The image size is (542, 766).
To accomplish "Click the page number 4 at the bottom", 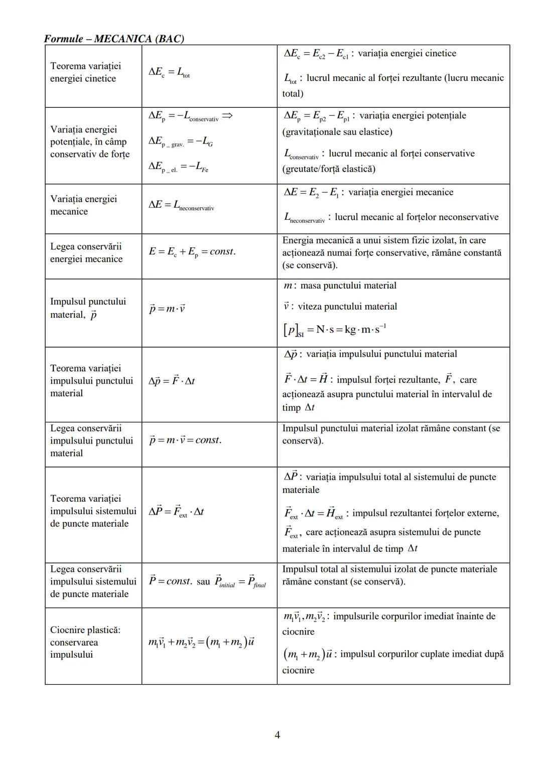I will (x=277, y=735).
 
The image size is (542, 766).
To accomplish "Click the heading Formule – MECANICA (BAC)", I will (x=114, y=39).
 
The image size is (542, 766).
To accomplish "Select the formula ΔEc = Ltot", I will (x=169, y=73).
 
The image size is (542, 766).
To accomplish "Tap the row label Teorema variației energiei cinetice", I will (x=85, y=72).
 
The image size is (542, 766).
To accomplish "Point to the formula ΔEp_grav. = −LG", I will (x=180, y=142).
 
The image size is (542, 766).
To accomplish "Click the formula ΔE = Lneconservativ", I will (x=181, y=205).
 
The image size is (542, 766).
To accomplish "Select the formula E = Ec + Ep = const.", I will (x=192, y=252).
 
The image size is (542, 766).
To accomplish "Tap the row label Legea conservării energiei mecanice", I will (x=86, y=253).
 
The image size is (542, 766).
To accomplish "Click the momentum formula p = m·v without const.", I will (x=167, y=309).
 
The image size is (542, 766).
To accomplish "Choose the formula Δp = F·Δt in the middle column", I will (x=171, y=381).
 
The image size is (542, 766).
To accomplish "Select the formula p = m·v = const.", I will (x=185, y=440).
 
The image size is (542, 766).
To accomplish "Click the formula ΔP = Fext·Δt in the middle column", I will (x=176, y=511).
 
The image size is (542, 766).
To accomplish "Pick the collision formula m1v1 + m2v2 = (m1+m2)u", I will (x=201, y=643).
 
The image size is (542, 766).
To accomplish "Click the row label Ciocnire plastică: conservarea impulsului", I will (x=85, y=642).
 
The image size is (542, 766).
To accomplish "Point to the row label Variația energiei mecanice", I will (x=83, y=205).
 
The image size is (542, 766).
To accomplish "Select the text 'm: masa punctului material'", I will (x=340, y=286).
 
